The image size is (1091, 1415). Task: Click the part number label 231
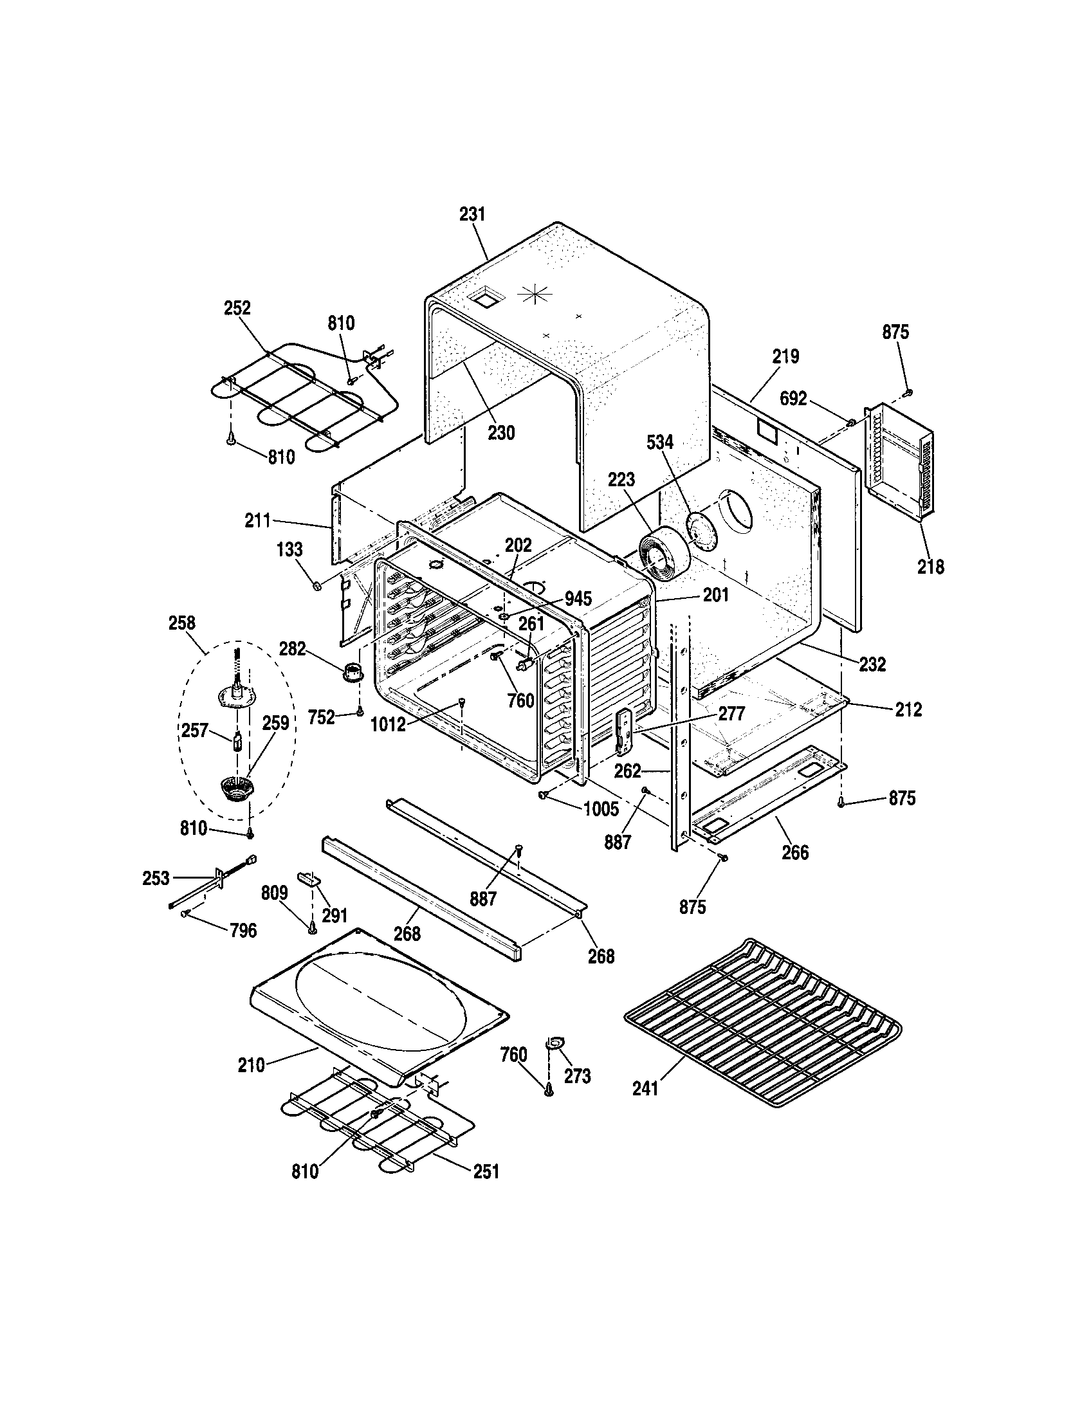coord(472,214)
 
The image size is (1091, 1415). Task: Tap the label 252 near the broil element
coord(237,307)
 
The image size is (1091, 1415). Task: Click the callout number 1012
coord(388,725)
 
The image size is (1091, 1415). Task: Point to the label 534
coord(659,443)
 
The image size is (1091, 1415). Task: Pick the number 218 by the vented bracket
coord(930,567)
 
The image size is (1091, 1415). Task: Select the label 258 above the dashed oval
coord(181,623)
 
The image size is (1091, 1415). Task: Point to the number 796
coord(243,931)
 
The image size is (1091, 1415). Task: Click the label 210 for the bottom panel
coord(252,1065)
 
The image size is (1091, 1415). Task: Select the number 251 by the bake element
coord(486,1171)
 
